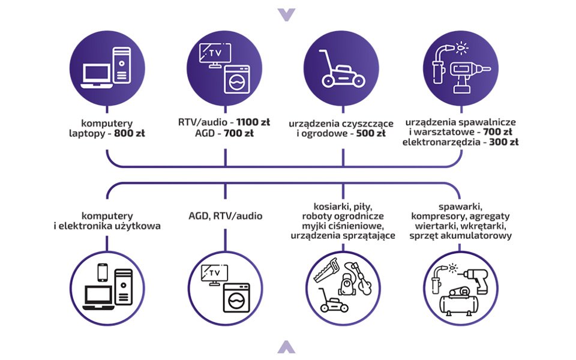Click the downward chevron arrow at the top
(x=287, y=14)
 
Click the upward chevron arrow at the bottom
(x=287, y=346)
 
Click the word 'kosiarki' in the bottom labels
(x=322, y=206)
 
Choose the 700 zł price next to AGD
(x=238, y=133)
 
